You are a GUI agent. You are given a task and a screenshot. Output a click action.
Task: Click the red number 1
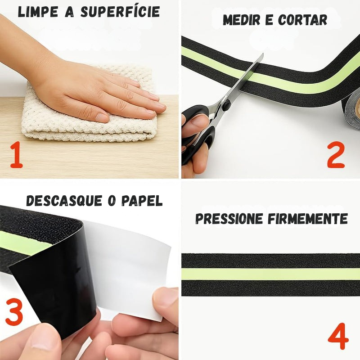tap(16, 154)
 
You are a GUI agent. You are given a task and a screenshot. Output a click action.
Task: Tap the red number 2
tap(336, 155)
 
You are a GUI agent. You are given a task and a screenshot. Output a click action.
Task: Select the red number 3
tap(14, 311)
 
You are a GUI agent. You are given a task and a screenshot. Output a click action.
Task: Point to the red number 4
tap(338, 336)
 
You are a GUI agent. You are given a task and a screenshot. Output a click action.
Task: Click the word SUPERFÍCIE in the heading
tap(120, 12)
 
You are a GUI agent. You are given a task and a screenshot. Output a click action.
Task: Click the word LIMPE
tap(38, 12)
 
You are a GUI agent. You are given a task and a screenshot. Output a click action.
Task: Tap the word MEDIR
tap(242, 20)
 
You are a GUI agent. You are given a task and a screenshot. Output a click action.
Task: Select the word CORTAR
tap(303, 20)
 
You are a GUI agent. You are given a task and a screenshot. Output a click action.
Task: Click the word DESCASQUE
tap(64, 201)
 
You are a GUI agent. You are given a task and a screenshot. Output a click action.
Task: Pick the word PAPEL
tap(142, 201)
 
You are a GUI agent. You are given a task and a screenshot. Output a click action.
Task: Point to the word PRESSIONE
tap(229, 219)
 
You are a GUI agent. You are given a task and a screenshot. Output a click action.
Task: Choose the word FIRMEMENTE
tap(308, 219)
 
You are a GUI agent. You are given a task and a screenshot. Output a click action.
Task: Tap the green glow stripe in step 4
tap(271, 274)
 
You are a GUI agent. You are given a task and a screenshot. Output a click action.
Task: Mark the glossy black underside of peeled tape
tap(55, 287)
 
